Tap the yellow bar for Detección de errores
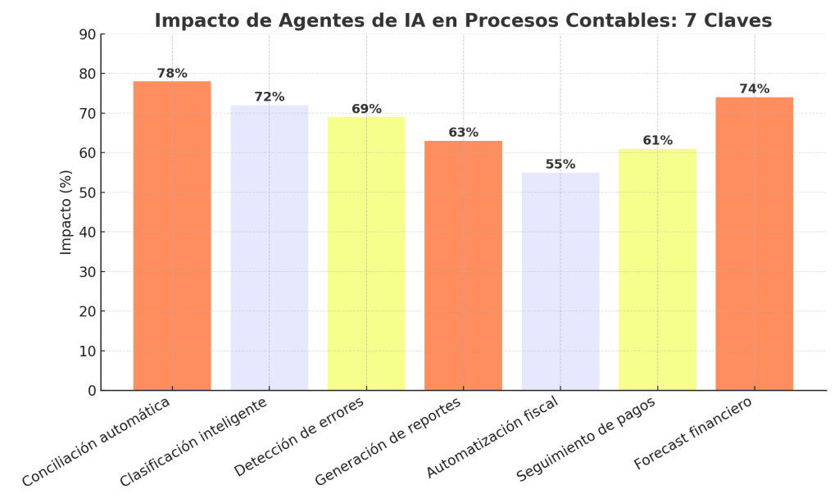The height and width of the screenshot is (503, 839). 366,254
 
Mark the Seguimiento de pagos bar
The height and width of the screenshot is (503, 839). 657,270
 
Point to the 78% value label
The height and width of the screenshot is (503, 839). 172,74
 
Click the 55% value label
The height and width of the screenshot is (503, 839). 560,165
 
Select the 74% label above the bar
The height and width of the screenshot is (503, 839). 754,89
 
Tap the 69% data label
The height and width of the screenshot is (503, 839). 366,109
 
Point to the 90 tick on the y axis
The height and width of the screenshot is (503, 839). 87,34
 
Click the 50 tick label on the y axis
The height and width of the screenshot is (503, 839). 87,193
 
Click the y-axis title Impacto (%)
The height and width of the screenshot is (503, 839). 66,212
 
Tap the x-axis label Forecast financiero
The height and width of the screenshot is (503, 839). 693,433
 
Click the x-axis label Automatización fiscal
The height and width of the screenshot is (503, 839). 492,437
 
